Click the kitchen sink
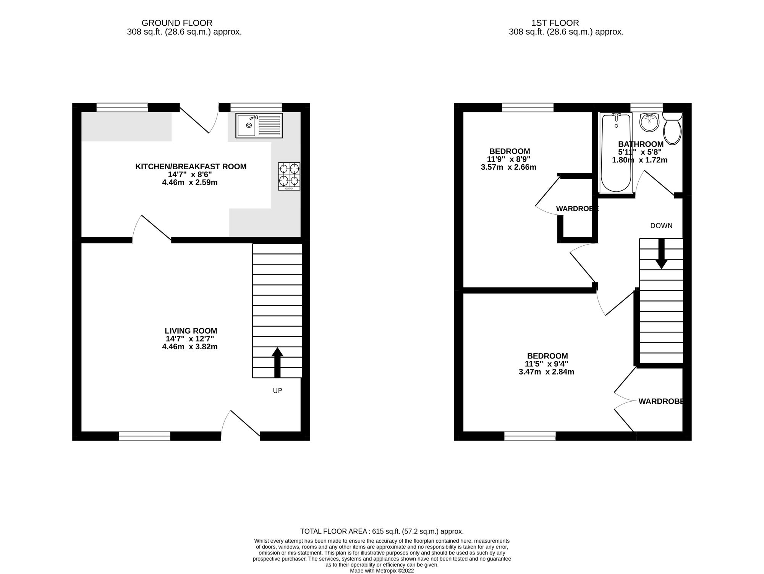pyautogui.click(x=259, y=125)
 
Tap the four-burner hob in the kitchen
pyautogui.click(x=289, y=176)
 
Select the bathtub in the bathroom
pyautogui.click(x=616, y=153)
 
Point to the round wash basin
pyautogui.click(x=649, y=122)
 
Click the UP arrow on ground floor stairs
pyautogui.click(x=277, y=362)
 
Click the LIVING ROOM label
pyautogui.click(x=191, y=331)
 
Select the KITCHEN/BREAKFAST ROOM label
pyautogui.click(x=191, y=167)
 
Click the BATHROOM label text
pyautogui.click(x=641, y=144)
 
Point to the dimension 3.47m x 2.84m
pyautogui.click(x=546, y=372)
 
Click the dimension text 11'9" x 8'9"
pyautogui.click(x=508, y=159)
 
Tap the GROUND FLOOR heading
pyautogui.click(x=177, y=23)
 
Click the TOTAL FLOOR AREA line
pyautogui.click(x=382, y=531)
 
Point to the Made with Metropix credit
pyautogui.click(x=382, y=571)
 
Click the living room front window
pyautogui.click(x=144, y=436)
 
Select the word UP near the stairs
pyautogui.click(x=277, y=391)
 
